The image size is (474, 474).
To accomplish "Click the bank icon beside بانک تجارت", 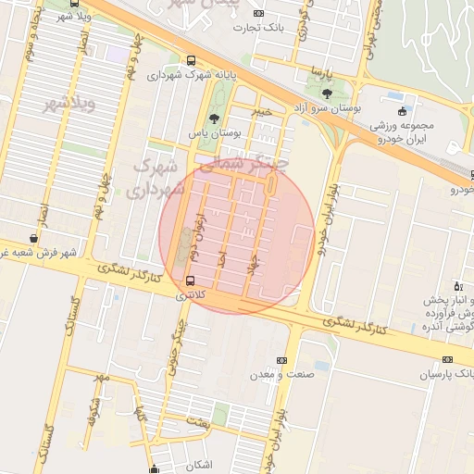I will (x=258, y=13).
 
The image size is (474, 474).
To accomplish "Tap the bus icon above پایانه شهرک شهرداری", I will (x=191, y=60).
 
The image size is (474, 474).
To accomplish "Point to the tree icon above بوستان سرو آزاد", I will (x=326, y=93).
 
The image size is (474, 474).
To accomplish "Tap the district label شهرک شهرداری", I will (x=158, y=178).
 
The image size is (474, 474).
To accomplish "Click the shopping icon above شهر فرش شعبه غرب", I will (x=33, y=238).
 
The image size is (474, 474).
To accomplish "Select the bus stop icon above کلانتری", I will (x=191, y=280).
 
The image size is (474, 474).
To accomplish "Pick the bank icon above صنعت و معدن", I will (x=281, y=360).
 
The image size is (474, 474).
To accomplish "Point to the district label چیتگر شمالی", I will (x=244, y=164).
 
